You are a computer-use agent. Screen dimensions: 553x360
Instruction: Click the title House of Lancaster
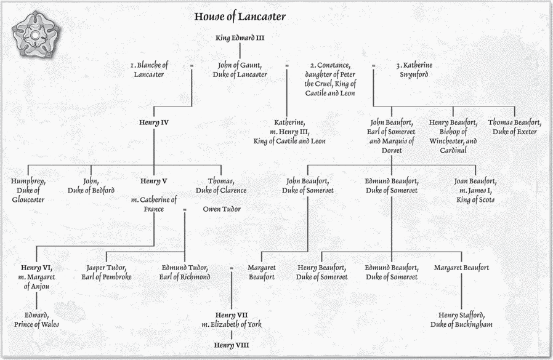240,17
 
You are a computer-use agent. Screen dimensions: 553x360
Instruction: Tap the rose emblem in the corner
35,34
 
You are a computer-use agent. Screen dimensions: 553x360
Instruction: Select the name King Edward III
240,38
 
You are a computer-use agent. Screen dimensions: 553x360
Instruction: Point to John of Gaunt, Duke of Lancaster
240,70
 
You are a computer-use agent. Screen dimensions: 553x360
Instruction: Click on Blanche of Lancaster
149,70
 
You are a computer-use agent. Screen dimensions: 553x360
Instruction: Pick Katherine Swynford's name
414,70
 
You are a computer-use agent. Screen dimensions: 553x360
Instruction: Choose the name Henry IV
154,122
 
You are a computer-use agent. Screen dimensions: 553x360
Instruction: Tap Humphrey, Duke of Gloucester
28,190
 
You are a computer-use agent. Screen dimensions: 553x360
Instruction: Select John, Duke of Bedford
91,186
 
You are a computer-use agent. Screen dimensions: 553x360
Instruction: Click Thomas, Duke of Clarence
221,186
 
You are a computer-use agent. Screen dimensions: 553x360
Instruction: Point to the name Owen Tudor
222,209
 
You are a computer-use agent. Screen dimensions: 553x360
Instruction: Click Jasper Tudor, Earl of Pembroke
107,273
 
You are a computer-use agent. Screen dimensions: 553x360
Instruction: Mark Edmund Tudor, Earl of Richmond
185,273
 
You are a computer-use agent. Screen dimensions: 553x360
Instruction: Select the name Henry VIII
232,345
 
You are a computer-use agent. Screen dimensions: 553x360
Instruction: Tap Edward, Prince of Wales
36,320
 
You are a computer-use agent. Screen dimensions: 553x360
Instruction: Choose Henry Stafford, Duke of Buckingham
461,320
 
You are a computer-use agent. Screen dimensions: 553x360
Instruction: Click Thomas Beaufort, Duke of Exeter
515,127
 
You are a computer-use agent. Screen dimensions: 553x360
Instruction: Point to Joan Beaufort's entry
475,190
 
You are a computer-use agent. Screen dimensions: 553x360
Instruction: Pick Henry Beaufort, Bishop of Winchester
453,137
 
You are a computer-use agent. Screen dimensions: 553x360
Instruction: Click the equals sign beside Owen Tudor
185,210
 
